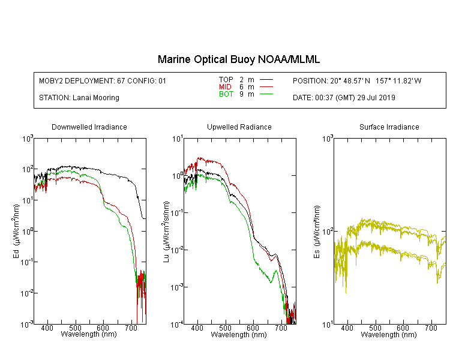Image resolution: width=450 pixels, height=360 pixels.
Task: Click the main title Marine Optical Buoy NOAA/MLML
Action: pos(238,59)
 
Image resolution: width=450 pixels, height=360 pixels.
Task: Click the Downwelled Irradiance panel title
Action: pos(89,127)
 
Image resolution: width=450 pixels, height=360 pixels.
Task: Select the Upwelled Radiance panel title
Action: pos(239,127)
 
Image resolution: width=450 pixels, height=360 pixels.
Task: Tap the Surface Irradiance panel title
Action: pos(389,127)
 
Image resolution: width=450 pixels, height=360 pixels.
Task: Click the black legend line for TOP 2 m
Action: pos(266,80)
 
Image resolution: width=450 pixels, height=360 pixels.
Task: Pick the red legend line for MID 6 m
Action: pos(266,86)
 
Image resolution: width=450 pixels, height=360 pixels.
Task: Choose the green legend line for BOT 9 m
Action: pos(266,94)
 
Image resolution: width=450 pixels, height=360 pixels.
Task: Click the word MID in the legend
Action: pos(225,86)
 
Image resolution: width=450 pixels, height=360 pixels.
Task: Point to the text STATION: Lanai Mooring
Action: pos(79,98)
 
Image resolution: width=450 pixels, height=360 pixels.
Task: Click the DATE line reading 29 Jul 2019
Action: pos(344,98)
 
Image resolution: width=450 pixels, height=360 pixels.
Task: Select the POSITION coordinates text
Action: pos(357,80)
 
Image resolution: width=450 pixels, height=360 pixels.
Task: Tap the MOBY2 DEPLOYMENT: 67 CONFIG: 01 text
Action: pos(103,80)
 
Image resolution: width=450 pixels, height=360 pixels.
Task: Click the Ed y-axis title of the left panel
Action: pos(16,232)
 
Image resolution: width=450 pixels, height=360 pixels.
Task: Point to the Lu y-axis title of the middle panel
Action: pos(166,232)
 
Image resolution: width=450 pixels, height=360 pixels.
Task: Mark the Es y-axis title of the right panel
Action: pos(316,232)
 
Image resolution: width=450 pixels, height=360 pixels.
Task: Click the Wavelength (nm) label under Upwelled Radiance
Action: pos(239,334)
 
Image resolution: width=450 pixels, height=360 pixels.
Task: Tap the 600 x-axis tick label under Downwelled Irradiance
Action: pos(103,328)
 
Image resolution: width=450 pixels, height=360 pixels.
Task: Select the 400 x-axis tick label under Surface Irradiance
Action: pos(347,328)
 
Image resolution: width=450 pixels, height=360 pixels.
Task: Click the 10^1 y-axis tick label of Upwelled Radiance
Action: pos(177,139)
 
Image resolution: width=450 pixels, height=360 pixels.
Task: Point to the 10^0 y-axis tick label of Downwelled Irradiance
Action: pos(28,231)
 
